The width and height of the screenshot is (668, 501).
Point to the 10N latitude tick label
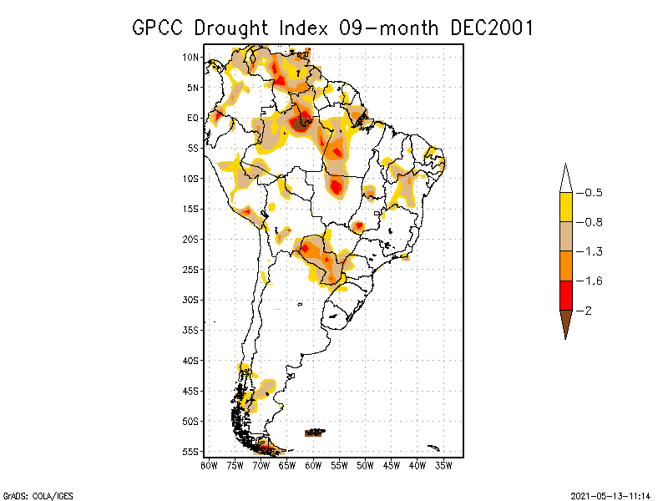(190, 58)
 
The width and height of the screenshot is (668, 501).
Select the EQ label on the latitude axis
(193, 118)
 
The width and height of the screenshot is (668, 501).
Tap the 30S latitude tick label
(190, 300)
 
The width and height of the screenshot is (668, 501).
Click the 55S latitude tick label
(190, 452)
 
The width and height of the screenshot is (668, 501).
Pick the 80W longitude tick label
(209, 465)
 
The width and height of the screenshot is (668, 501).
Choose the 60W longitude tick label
(313, 465)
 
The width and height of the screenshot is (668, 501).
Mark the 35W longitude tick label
(443, 465)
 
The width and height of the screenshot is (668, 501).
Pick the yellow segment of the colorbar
(565, 207)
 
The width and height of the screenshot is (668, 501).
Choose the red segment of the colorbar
(565, 295)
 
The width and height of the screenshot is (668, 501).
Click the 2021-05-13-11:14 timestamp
(610, 493)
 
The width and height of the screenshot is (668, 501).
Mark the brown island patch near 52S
(314, 432)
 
